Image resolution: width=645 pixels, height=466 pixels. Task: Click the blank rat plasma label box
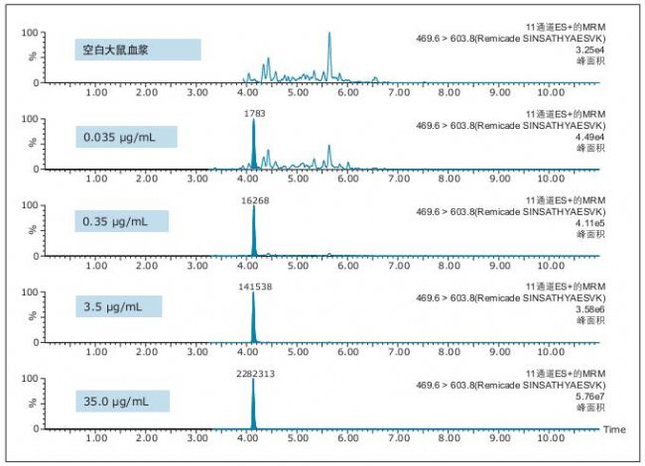(x=138, y=50)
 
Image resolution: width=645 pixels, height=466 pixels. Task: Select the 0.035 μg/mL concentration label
(x=126, y=136)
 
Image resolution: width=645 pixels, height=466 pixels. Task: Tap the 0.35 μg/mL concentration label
(x=122, y=222)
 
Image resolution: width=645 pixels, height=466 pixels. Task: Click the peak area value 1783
(x=255, y=113)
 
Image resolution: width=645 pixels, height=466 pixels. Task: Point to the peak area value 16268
(x=254, y=199)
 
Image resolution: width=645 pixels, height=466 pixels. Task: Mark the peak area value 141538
(x=254, y=286)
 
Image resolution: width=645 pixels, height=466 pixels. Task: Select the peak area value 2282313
(x=254, y=373)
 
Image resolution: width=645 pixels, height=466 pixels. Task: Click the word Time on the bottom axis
(x=615, y=430)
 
